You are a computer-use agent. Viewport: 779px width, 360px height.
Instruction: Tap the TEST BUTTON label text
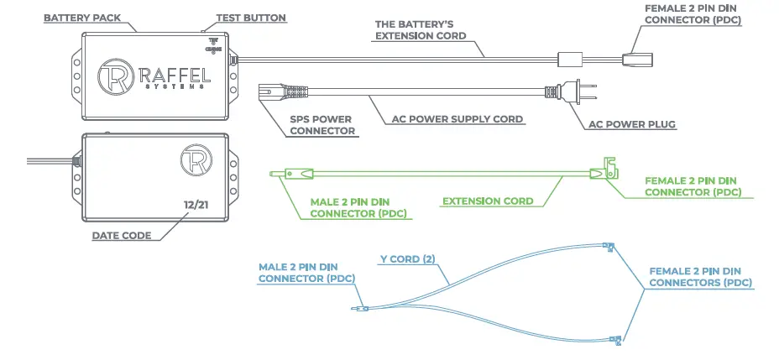tap(251, 18)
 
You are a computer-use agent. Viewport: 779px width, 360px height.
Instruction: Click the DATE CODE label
tap(122, 236)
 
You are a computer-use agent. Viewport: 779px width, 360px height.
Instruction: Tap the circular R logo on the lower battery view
tap(196, 161)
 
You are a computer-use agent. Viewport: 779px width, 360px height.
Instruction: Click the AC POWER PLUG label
tap(633, 125)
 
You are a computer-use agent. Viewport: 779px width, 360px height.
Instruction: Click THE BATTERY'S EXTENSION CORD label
tap(420, 31)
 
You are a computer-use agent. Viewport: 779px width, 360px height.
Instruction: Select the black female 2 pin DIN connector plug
tap(635, 58)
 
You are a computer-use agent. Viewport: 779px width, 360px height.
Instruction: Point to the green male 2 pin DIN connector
tap(293, 174)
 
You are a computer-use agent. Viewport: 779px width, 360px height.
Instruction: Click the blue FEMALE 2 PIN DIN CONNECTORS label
tap(701, 278)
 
